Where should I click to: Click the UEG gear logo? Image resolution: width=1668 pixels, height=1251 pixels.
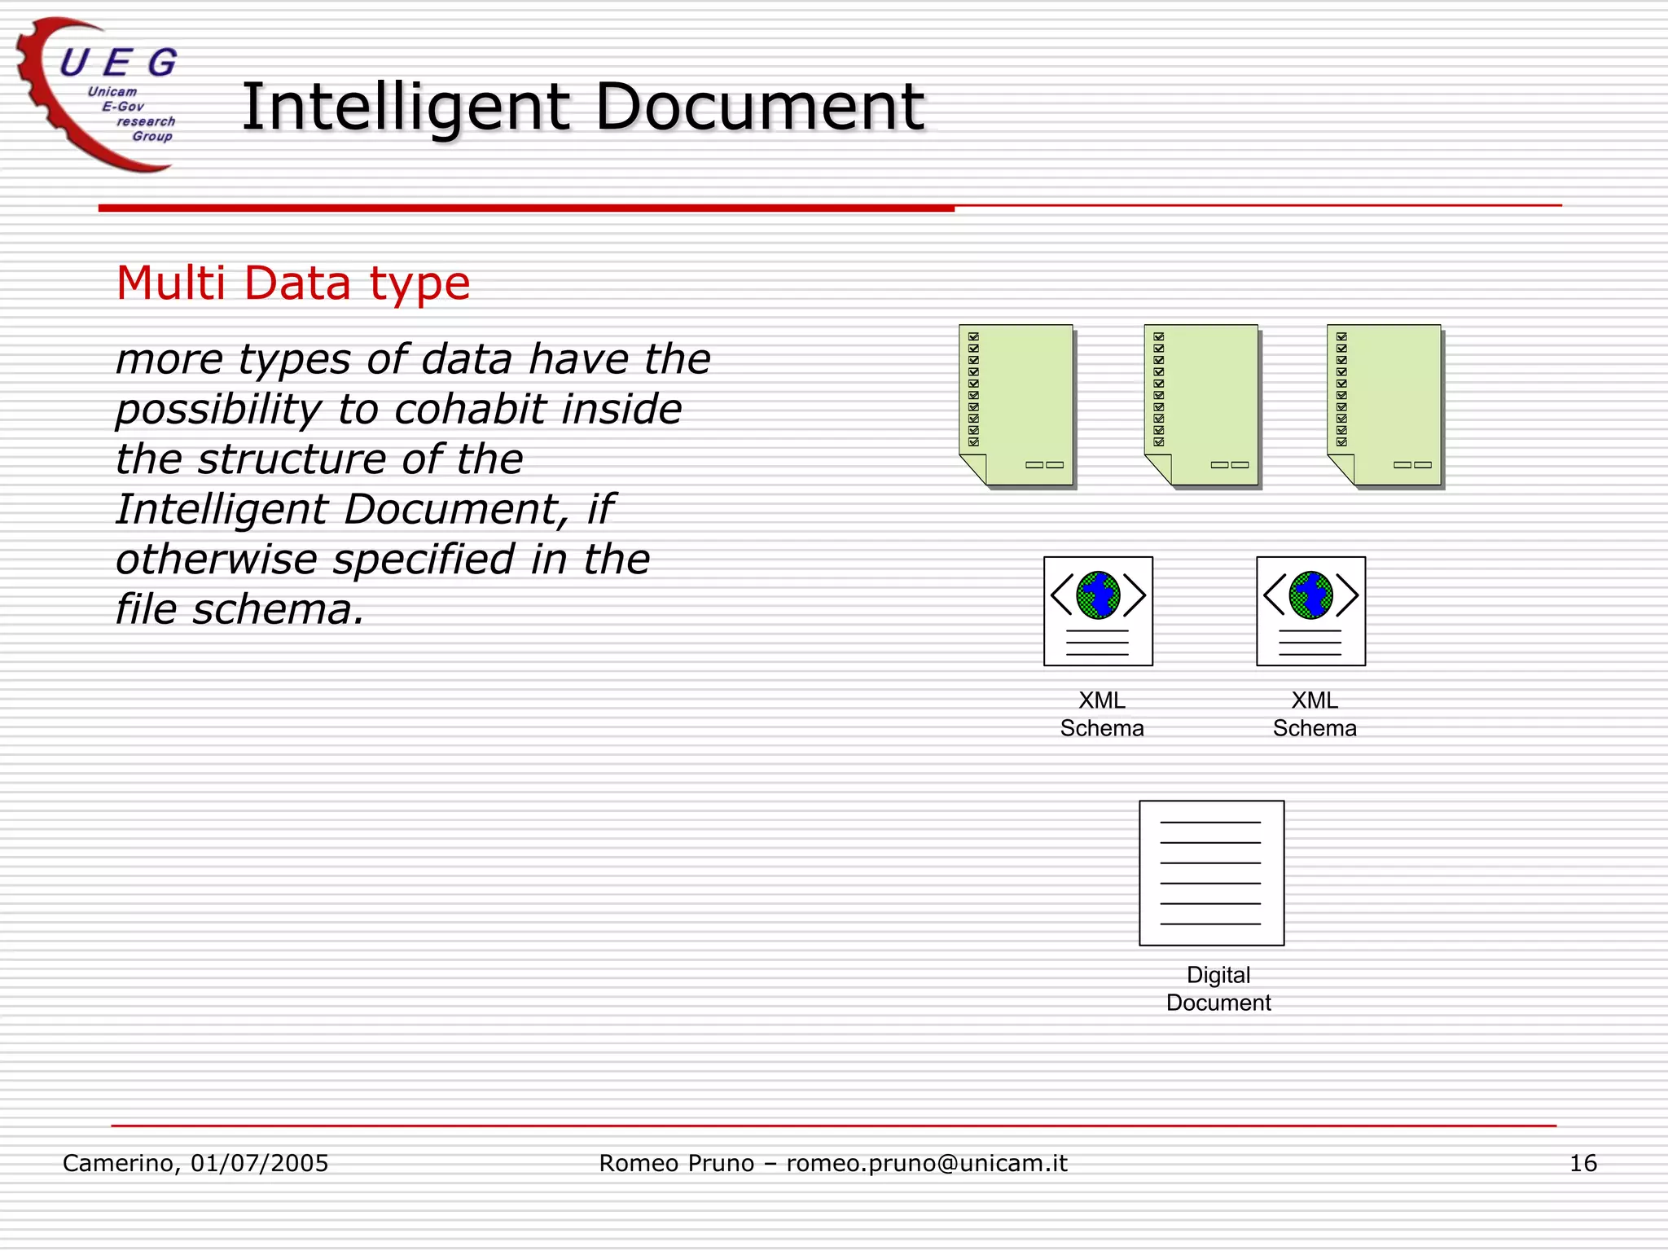point(98,94)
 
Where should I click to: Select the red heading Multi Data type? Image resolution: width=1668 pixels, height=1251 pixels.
point(293,283)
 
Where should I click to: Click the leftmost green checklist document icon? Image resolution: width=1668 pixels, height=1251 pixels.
point(1016,405)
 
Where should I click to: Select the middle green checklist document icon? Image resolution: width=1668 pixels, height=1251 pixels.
point(1201,405)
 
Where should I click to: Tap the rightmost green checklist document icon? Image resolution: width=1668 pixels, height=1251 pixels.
point(1385,405)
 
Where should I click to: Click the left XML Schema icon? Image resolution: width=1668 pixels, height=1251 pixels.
point(1098,611)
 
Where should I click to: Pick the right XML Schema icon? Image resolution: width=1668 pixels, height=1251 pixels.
point(1310,611)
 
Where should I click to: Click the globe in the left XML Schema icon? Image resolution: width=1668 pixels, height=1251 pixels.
point(1098,595)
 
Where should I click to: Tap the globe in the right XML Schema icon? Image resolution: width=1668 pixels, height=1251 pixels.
point(1310,595)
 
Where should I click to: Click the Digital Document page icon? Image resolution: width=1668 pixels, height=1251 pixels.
point(1211,872)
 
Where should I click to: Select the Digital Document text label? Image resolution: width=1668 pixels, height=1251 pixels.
point(1218,989)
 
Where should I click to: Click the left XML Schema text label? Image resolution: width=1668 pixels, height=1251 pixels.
point(1102,714)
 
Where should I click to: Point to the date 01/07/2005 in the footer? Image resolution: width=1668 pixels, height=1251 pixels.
point(259,1163)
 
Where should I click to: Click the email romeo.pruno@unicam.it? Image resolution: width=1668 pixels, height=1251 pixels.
point(926,1163)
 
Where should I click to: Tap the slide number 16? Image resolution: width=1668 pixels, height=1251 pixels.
point(1582,1163)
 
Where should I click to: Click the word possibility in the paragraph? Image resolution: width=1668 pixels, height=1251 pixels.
point(218,410)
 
